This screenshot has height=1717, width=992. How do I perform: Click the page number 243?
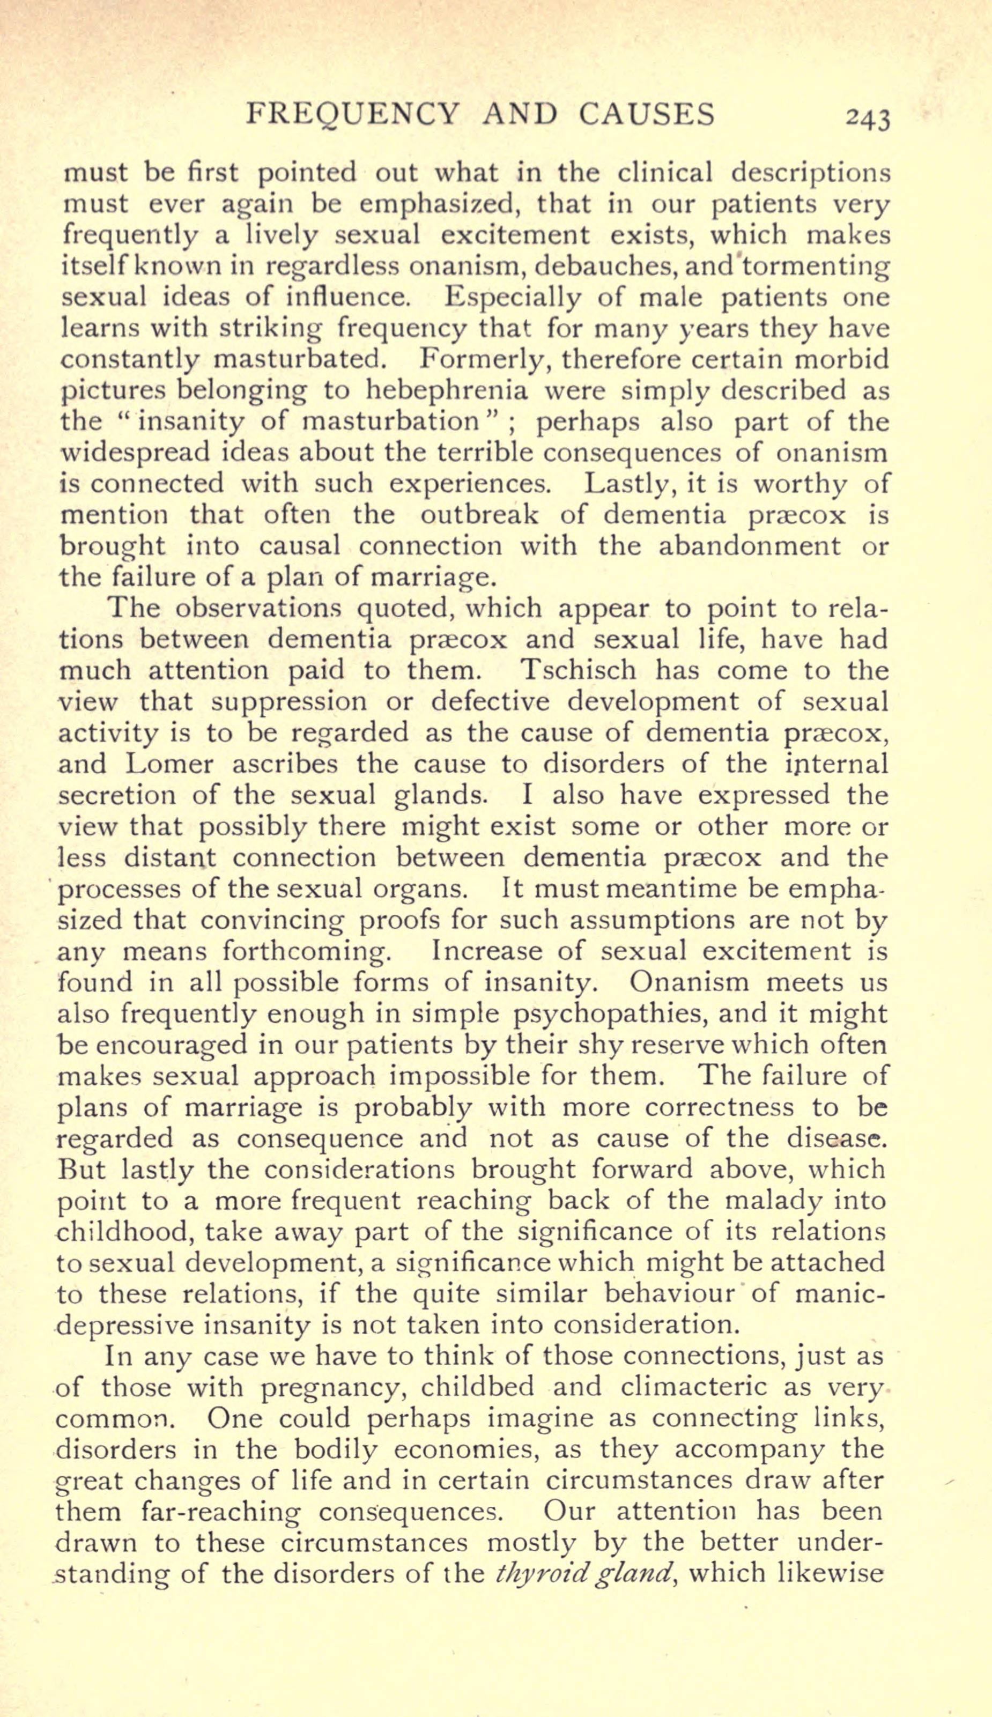(867, 118)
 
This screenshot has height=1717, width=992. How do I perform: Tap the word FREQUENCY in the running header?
(353, 114)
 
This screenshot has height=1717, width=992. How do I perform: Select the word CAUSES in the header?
(647, 114)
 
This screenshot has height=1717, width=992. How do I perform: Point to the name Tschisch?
(577, 670)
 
